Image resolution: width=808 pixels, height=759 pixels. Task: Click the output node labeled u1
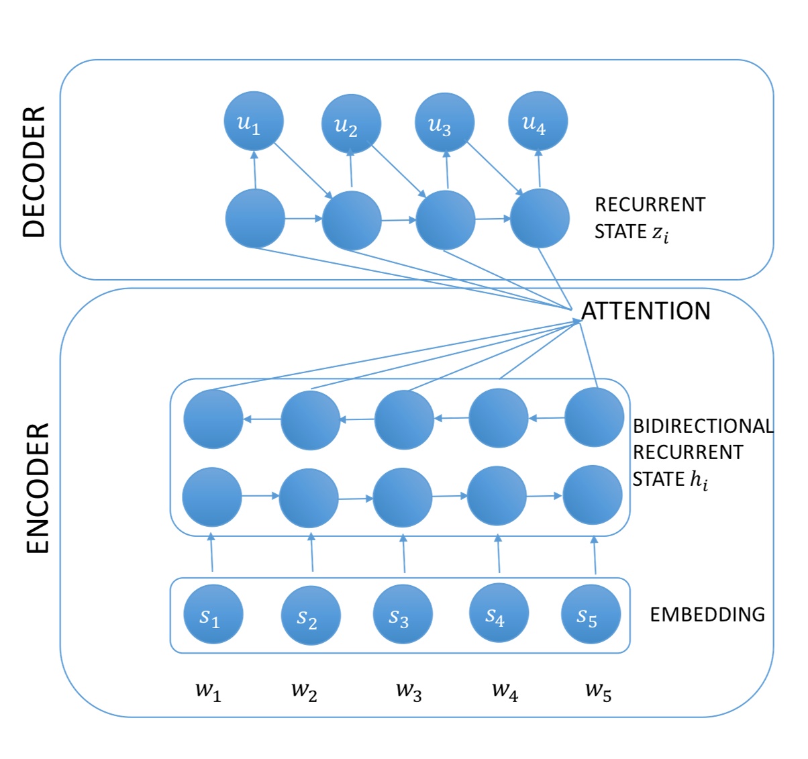[x=254, y=121]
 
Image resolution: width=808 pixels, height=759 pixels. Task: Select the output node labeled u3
[x=445, y=123]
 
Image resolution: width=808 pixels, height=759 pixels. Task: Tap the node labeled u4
[x=538, y=121]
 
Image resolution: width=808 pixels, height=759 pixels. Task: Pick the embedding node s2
[x=310, y=615]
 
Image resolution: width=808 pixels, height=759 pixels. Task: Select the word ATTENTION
[x=645, y=311]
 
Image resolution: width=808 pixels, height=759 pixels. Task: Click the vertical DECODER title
[x=34, y=171]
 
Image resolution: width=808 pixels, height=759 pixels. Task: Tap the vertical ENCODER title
[x=38, y=488]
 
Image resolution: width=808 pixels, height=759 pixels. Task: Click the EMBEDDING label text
[x=707, y=614]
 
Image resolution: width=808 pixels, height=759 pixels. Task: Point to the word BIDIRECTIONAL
[x=703, y=426]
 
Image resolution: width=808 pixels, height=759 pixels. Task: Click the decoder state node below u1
[x=255, y=218]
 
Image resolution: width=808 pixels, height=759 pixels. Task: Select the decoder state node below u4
[x=540, y=218]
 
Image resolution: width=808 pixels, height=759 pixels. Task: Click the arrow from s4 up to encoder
[x=499, y=554]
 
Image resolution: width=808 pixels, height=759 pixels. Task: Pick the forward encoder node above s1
[x=212, y=497]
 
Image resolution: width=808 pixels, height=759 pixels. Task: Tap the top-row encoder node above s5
[x=595, y=417]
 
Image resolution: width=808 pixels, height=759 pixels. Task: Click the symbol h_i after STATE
[x=699, y=480]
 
